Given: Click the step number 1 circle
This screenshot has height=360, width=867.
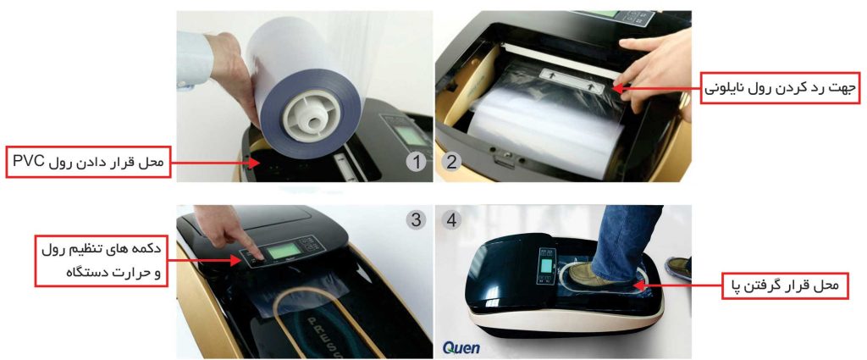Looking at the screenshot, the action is click(x=417, y=163).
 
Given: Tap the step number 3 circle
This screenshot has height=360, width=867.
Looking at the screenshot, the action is click(x=416, y=220).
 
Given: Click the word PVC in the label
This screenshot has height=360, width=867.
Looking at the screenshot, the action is click(x=28, y=163).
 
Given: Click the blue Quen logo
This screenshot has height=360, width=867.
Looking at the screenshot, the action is click(x=461, y=348).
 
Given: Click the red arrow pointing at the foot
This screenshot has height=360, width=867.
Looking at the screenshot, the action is click(x=678, y=285).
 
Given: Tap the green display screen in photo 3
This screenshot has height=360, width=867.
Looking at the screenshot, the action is click(x=284, y=252).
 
